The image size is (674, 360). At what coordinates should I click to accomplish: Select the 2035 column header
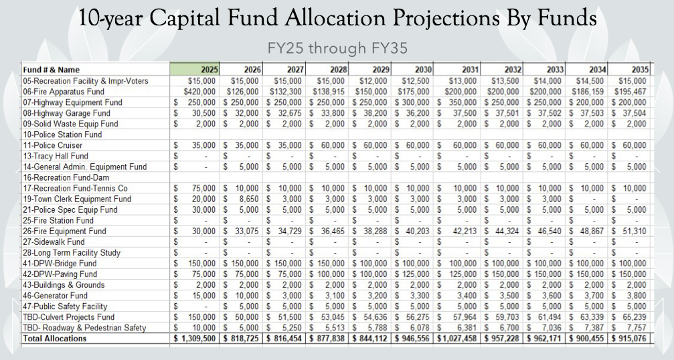click(636, 70)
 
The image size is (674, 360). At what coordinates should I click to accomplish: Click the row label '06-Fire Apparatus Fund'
click(46, 91)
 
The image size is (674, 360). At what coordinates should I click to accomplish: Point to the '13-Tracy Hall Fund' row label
click(37, 155)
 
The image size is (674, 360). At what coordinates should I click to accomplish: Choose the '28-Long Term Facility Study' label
click(53, 252)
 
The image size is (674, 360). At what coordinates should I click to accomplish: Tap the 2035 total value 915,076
click(630, 339)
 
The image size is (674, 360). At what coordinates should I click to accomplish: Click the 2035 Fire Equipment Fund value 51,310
click(633, 231)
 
